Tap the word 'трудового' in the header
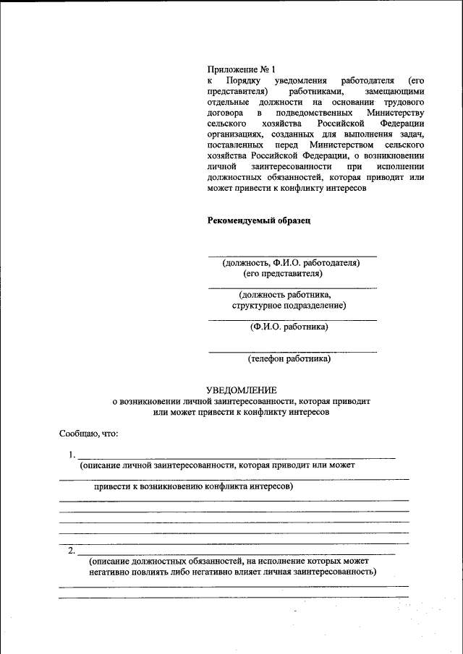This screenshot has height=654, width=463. [404, 103]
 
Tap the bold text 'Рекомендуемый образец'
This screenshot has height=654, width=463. [259, 220]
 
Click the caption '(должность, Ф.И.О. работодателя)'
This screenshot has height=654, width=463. [292, 263]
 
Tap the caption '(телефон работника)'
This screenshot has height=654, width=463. [289, 358]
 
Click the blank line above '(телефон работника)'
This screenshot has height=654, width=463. [292, 351]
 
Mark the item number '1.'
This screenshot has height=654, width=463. [72, 455]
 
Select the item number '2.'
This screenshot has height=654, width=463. [72, 550]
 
